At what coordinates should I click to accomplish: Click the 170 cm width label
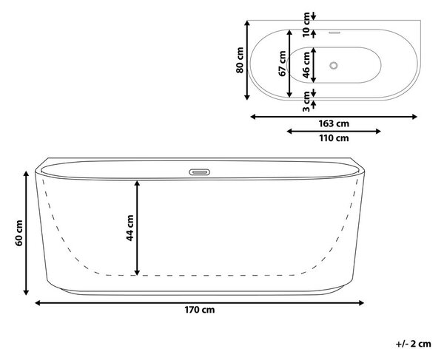(x=200, y=310)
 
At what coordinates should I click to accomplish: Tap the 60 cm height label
(x=18, y=233)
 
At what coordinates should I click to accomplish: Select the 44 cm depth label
(x=129, y=228)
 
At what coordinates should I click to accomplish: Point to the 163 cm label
(x=334, y=123)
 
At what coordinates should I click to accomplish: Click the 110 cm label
(x=334, y=138)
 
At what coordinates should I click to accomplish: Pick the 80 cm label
(x=240, y=60)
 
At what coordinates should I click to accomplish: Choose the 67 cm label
(x=282, y=64)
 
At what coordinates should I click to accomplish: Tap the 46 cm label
(x=306, y=65)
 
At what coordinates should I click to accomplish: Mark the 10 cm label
(x=306, y=24)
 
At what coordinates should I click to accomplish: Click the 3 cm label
(x=306, y=101)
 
